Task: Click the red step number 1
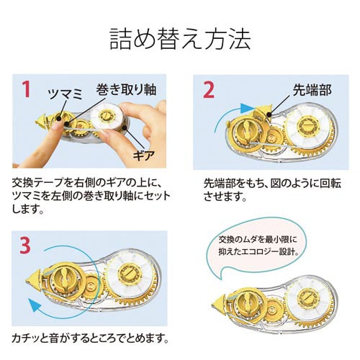tap(26, 90)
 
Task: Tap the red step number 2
tap(208, 90)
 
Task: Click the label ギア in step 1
tap(145, 156)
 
